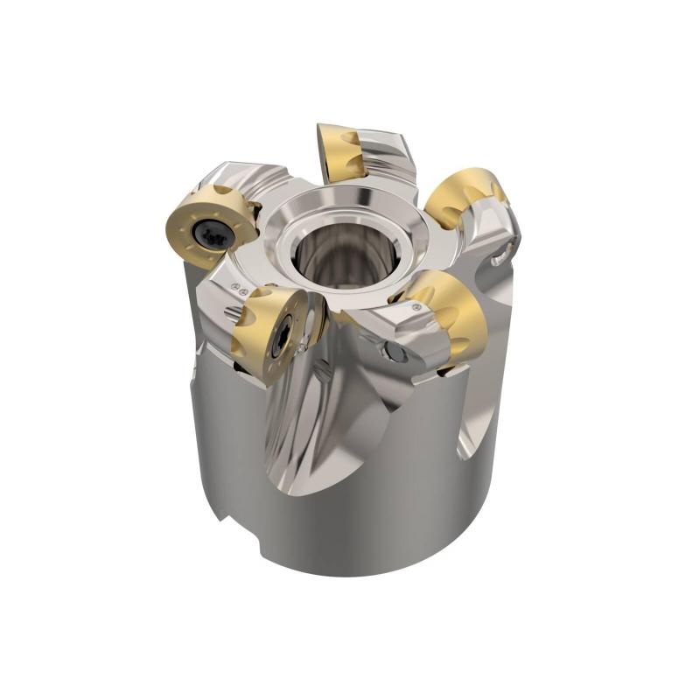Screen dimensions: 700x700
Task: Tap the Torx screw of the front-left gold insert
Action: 280,335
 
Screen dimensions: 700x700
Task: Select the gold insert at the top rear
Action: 336,151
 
